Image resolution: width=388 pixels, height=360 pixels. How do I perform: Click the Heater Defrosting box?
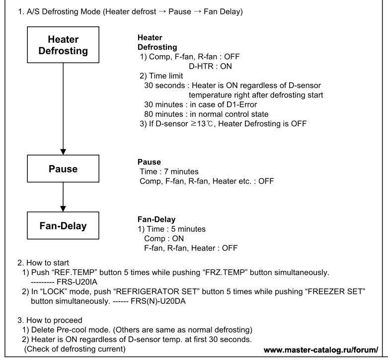coord(63,45)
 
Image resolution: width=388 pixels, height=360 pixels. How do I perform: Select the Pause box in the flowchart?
coord(63,169)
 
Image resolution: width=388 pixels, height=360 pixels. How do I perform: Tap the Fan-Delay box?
coord(63,226)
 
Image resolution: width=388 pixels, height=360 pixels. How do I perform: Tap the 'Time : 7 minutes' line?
coord(165,171)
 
